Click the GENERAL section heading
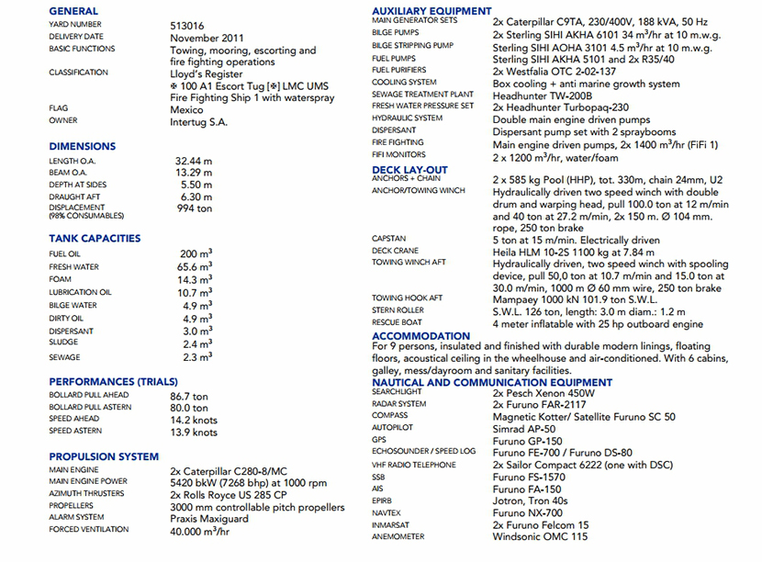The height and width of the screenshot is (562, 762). [x=73, y=11]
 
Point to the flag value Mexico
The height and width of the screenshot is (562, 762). [x=188, y=108]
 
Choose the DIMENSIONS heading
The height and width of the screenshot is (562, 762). [x=83, y=146]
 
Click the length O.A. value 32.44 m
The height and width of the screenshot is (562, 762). [x=194, y=161]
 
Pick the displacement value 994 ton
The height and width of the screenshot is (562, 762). [x=194, y=208]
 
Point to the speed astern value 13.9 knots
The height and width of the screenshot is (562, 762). [x=195, y=432]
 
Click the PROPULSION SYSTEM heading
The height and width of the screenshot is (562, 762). [x=104, y=456]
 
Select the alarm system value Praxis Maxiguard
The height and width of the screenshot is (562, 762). [x=209, y=519]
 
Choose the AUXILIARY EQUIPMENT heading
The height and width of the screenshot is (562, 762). [x=431, y=11]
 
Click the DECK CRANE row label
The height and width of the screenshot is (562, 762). [x=396, y=251]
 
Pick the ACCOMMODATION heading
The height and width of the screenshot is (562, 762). [x=421, y=336]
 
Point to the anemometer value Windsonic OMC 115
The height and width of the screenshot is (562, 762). [x=540, y=536]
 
